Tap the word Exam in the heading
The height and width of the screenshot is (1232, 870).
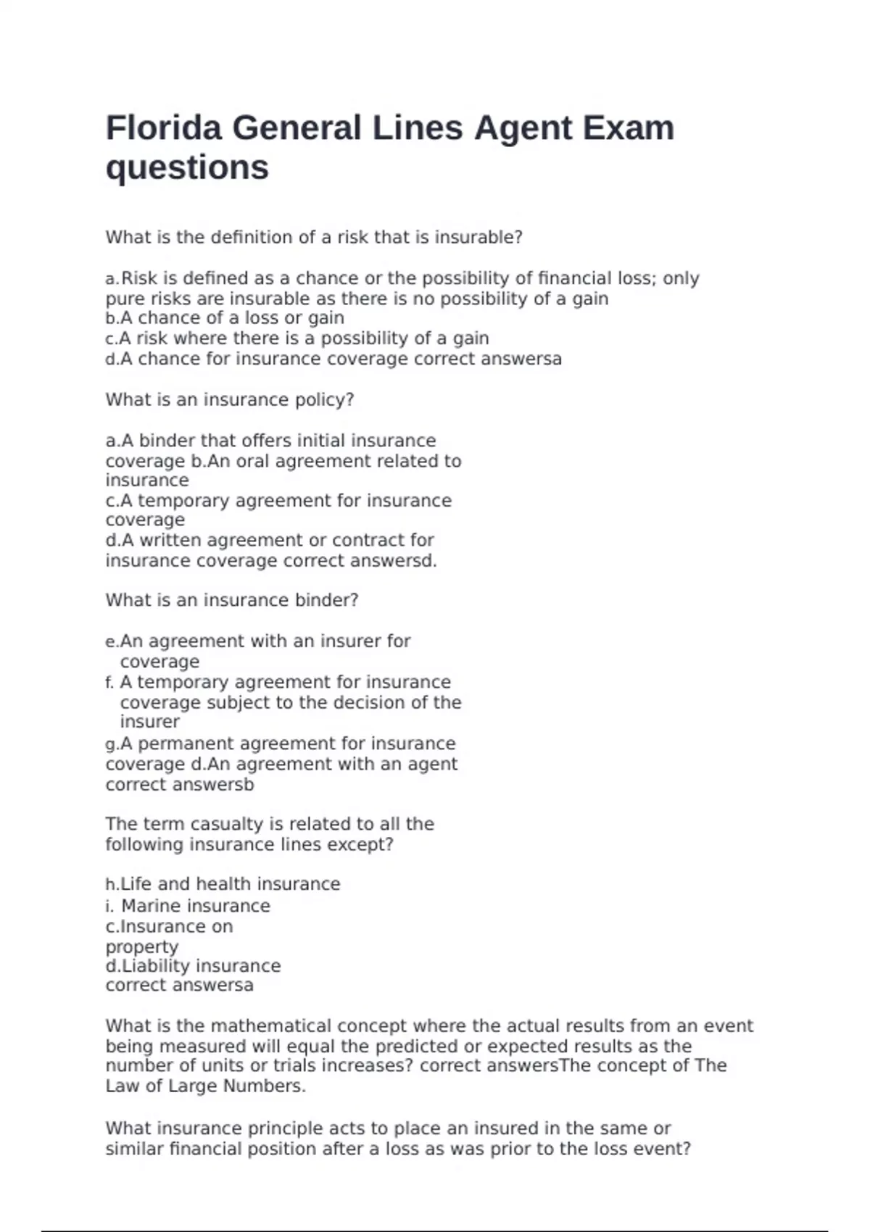(x=629, y=128)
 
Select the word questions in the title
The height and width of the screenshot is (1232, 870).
(x=187, y=168)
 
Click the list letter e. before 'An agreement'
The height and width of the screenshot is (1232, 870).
(x=112, y=641)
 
